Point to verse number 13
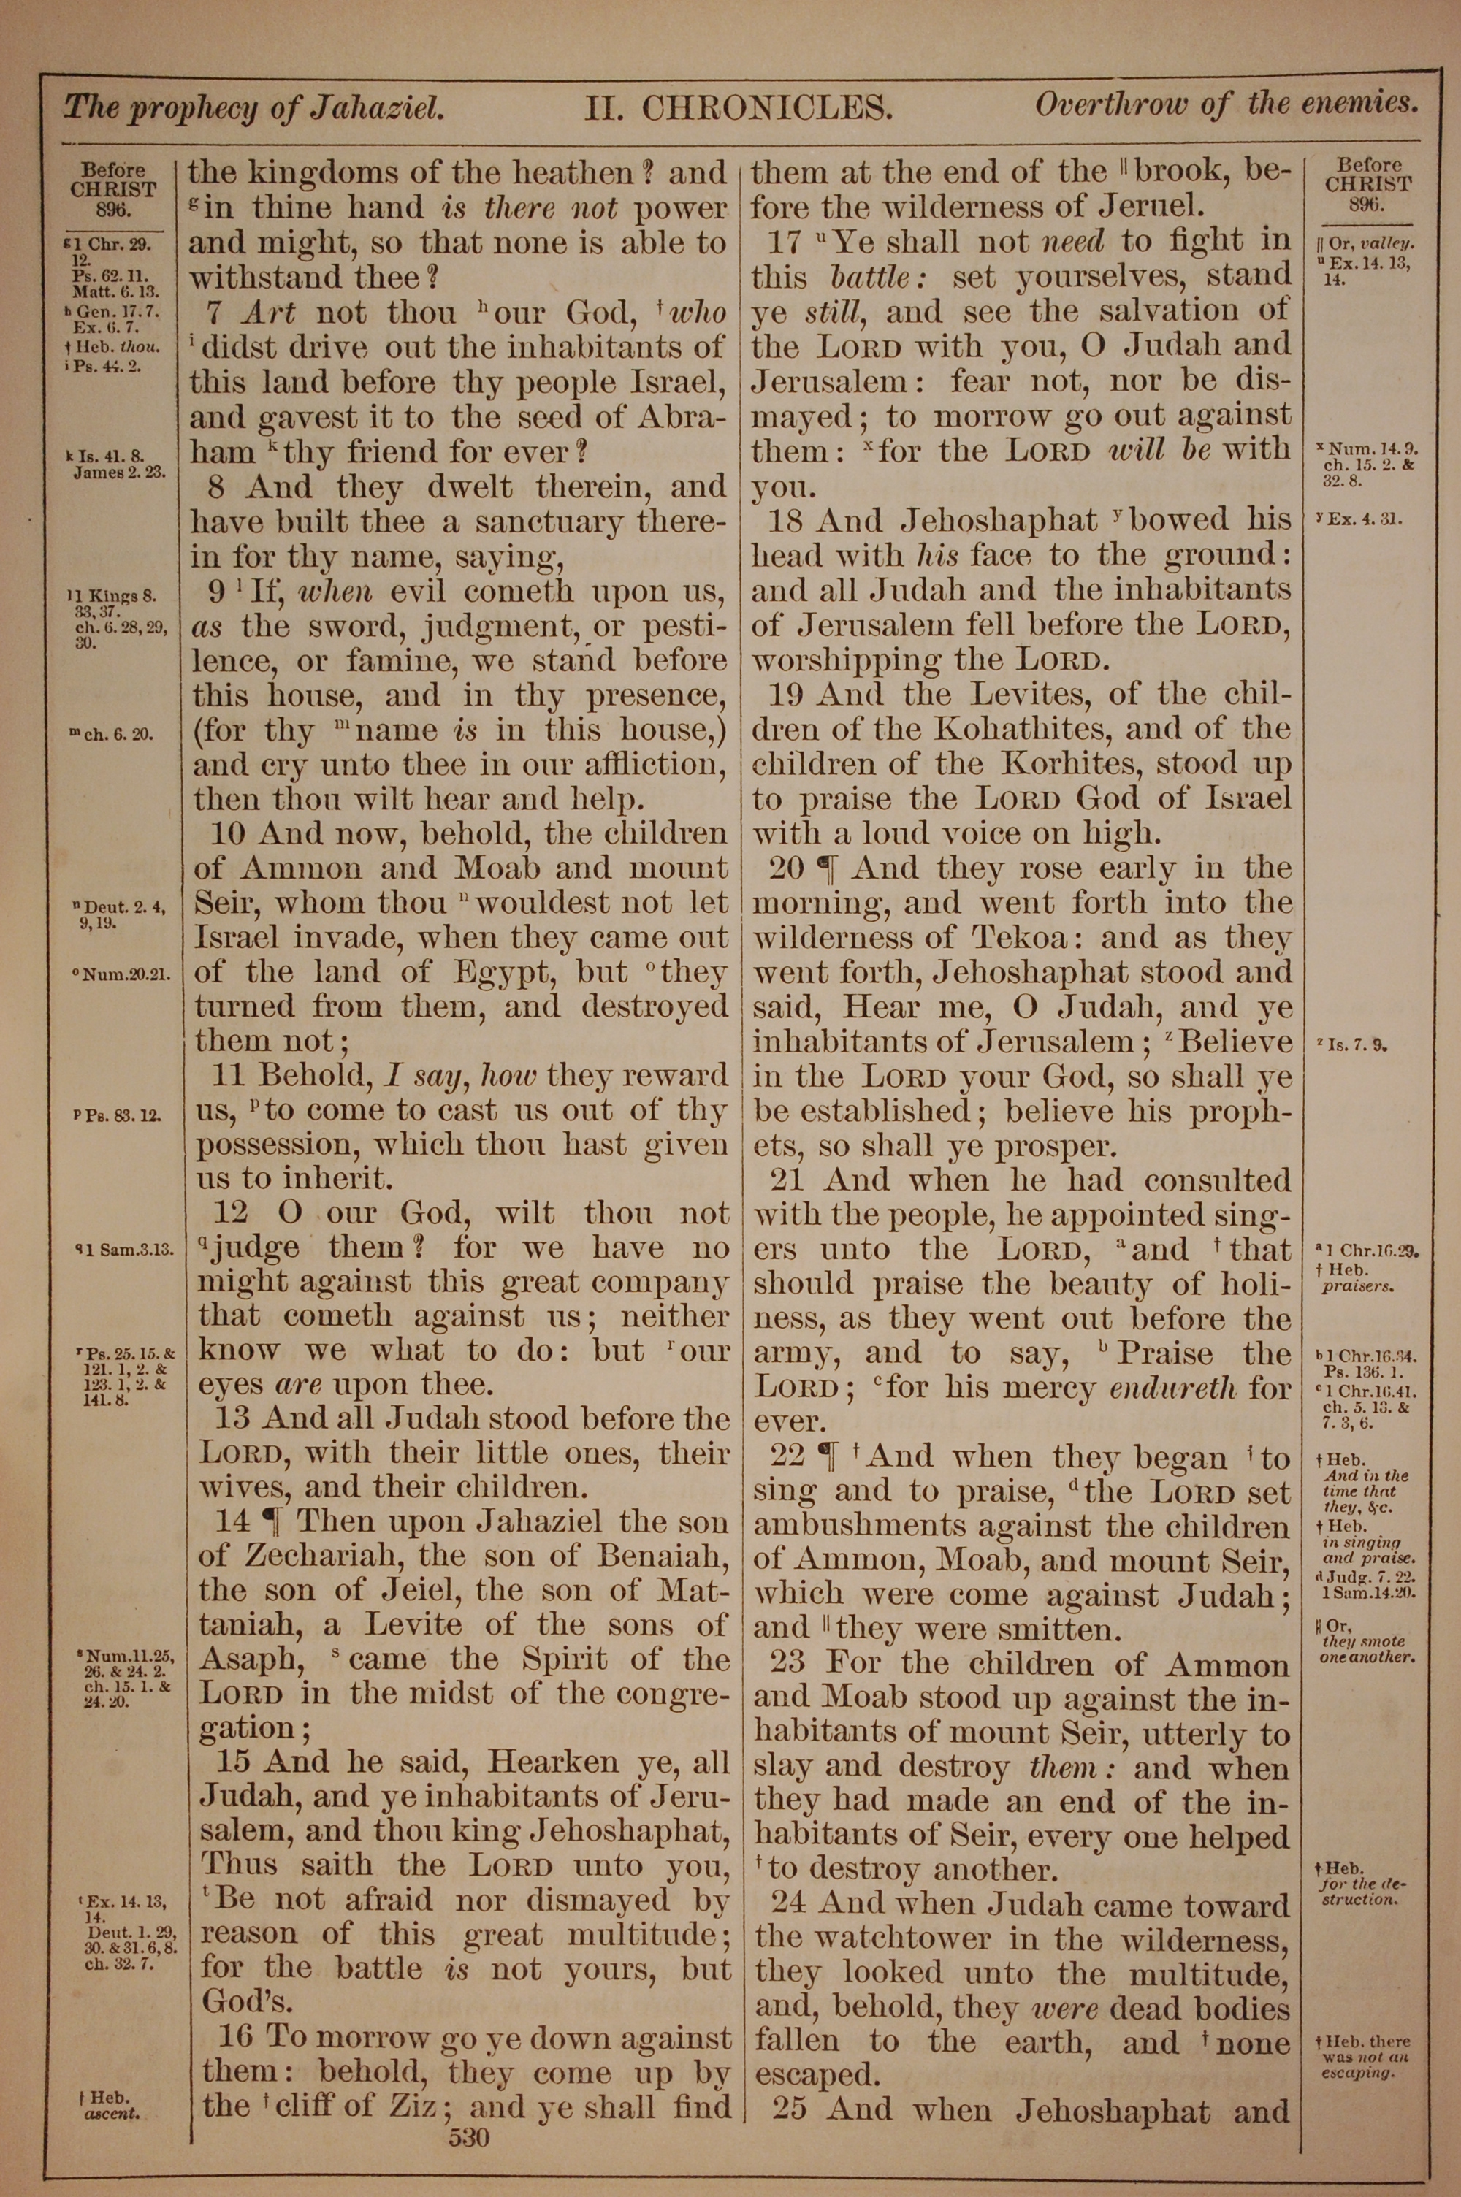click(233, 1418)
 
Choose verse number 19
click(787, 694)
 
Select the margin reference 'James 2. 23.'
click(119, 472)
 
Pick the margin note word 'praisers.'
click(1357, 1287)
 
